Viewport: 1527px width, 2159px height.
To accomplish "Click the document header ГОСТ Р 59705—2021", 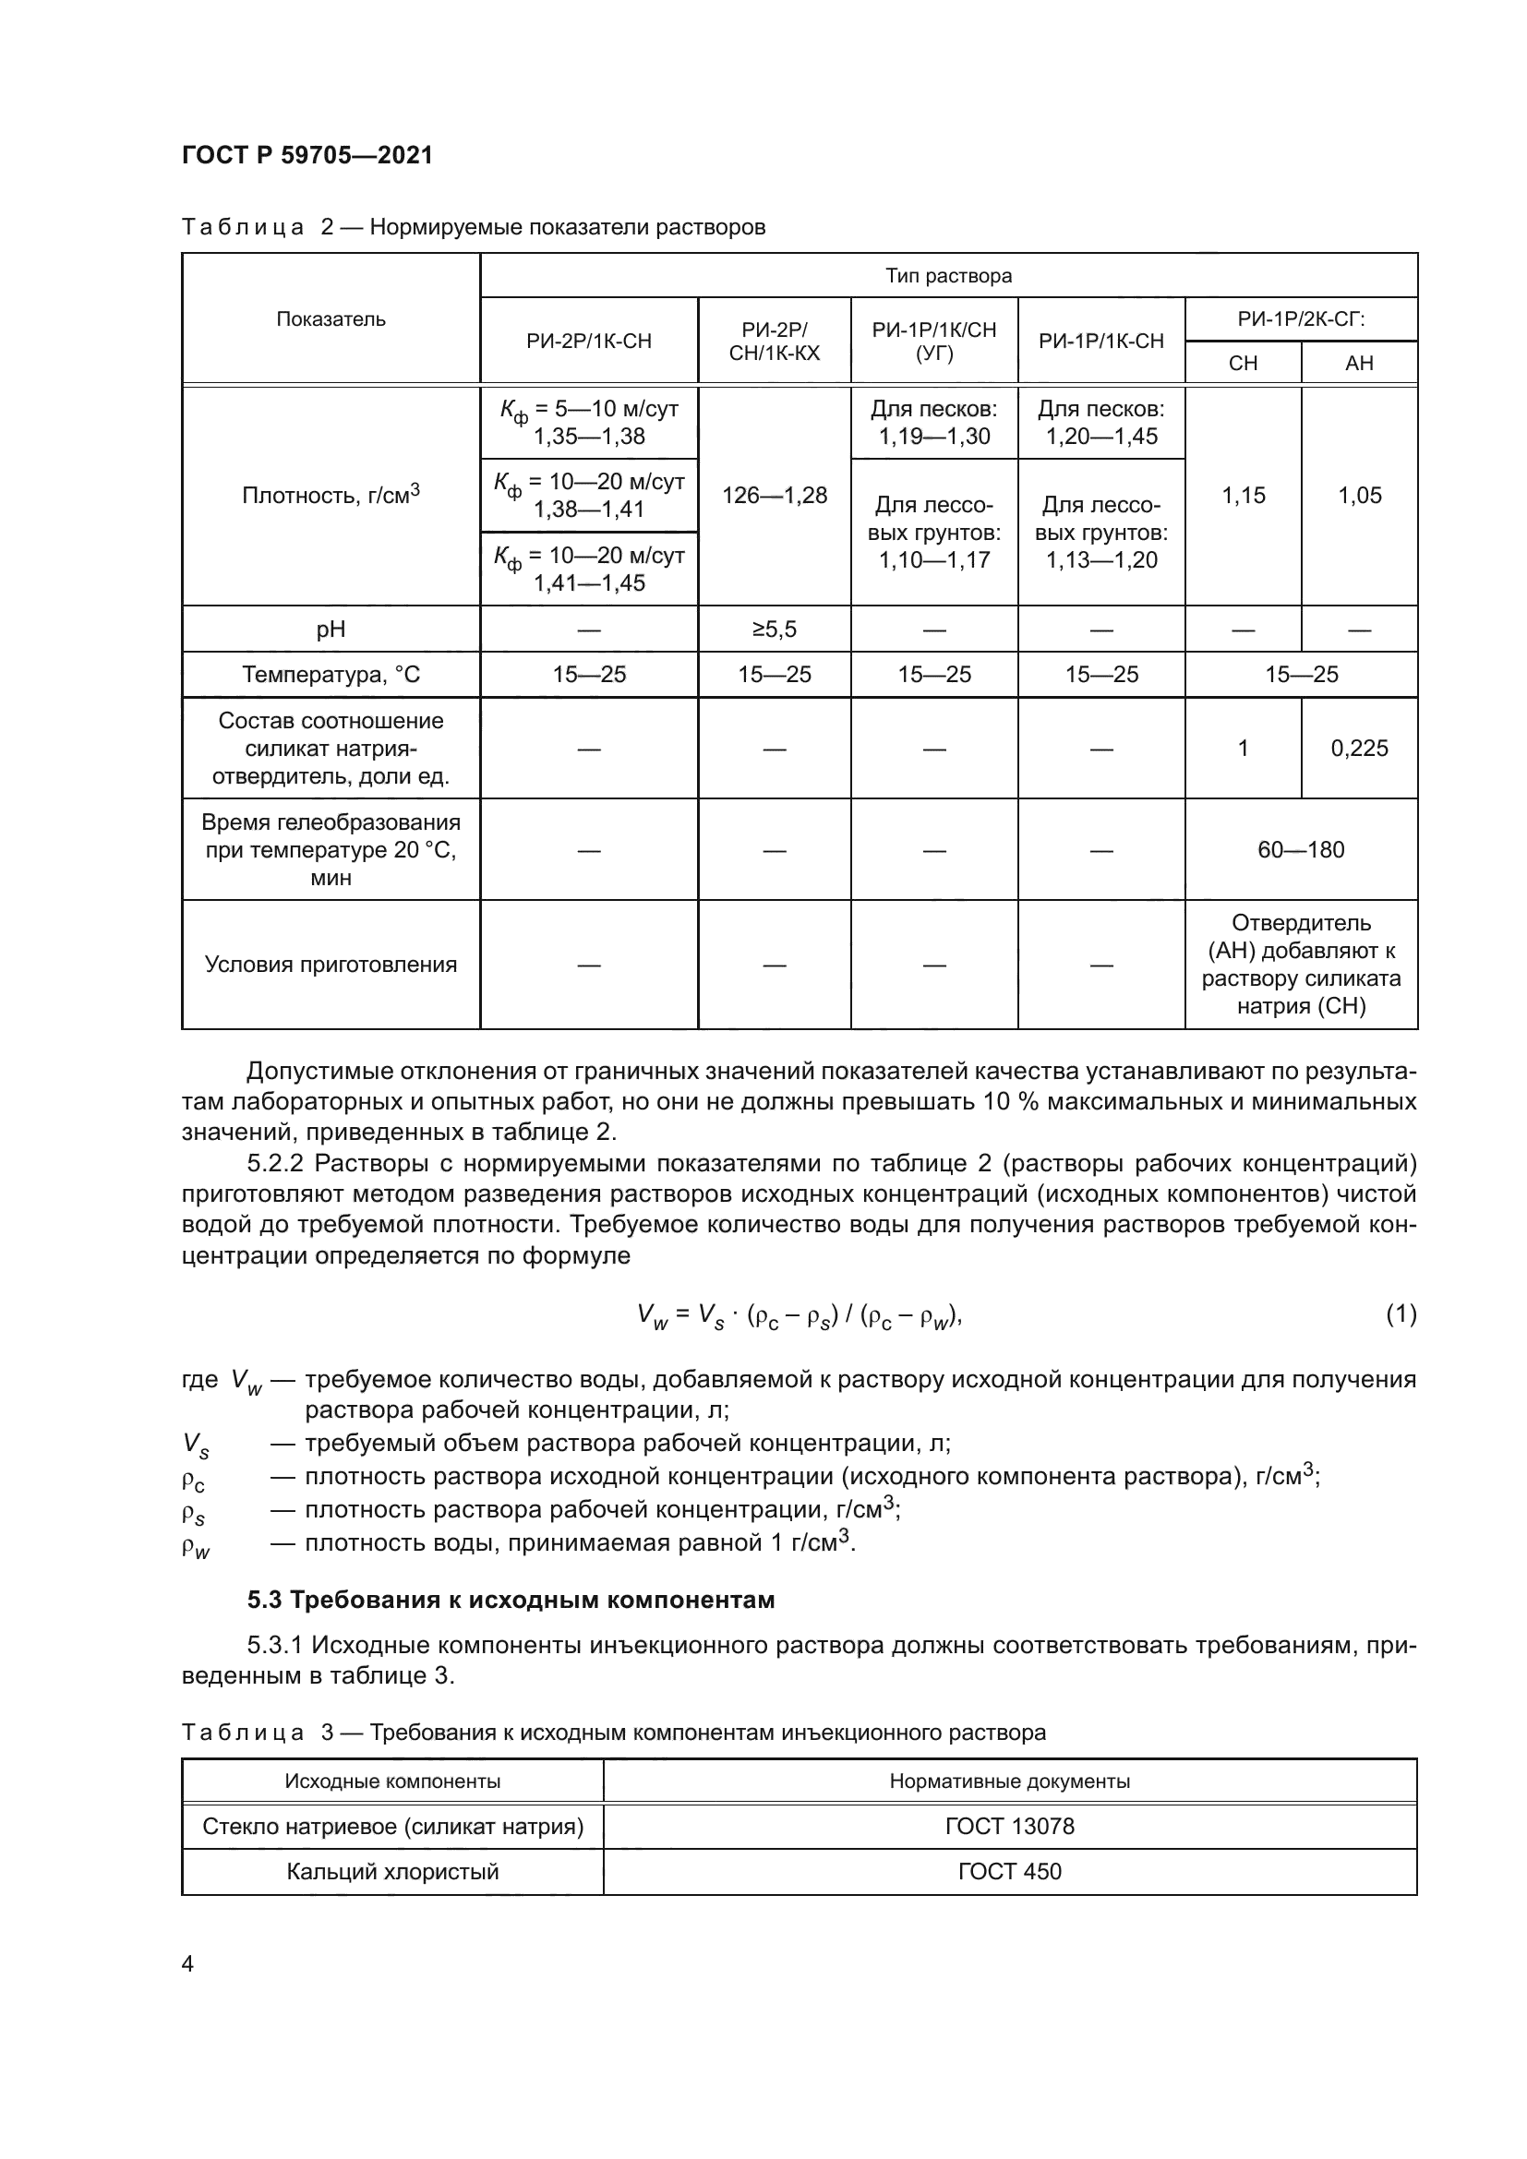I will (x=307, y=155).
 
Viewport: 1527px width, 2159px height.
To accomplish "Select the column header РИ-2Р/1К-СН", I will (x=589, y=342).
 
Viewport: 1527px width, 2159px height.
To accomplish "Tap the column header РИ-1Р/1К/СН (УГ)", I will (x=933, y=342).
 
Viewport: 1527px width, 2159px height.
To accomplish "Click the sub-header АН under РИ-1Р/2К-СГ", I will (x=1359, y=363).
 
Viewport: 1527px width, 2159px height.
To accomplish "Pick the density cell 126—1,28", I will (x=774, y=496).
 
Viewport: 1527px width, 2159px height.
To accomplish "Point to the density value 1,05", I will (x=1359, y=496).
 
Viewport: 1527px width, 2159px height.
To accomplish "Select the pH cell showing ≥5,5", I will (x=774, y=630).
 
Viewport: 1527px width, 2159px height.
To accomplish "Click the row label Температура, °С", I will (x=331, y=674).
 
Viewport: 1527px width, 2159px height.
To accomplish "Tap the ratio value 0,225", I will (x=1359, y=749).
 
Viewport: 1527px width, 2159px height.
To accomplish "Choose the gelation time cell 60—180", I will (x=1301, y=850).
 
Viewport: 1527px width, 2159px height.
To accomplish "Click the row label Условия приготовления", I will (x=331, y=965).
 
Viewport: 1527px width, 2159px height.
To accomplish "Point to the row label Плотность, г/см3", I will (x=331, y=496).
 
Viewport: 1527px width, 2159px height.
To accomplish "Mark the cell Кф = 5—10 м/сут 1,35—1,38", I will (x=589, y=422).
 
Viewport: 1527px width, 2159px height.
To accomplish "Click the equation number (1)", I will (x=1401, y=1313).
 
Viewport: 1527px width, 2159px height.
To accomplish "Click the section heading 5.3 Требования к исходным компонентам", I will (x=511, y=1600).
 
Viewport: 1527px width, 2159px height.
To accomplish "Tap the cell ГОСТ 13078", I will (x=1009, y=1826).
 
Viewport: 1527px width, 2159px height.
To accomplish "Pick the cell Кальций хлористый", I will (x=392, y=1871).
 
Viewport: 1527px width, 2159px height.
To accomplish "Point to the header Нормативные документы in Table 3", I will (x=1009, y=1781).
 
